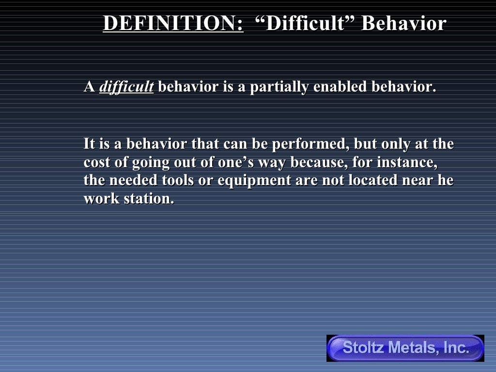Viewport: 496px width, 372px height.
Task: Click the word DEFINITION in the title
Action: tap(173, 24)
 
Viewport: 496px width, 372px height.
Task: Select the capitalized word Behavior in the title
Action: tap(403, 24)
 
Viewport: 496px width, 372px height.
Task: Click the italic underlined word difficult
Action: tap(126, 87)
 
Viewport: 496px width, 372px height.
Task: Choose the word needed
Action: tap(131, 180)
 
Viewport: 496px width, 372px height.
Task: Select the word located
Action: tap(368, 180)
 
